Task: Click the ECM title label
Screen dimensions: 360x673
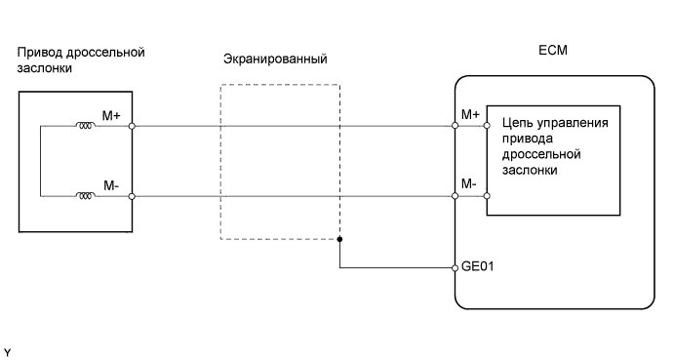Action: click(x=551, y=51)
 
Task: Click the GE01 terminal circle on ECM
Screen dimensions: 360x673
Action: click(x=455, y=266)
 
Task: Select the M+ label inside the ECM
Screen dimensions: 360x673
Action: click(x=470, y=115)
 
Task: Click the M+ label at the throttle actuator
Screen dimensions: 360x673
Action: click(x=112, y=115)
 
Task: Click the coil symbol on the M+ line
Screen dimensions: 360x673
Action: click(x=85, y=125)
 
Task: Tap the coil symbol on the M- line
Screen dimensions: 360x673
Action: click(x=85, y=196)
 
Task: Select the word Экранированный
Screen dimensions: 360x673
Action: click(x=275, y=60)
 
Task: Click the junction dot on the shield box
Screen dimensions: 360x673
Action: click(x=339, y=238)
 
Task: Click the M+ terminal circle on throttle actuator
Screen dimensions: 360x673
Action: click(x=131, y=126)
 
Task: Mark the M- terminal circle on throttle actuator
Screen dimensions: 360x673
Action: click(x=131, y=196)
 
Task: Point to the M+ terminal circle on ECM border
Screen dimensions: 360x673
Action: click(x=455, y=126)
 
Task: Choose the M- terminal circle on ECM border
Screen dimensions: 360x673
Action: click(x=455, y=196)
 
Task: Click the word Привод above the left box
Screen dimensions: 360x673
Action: click(x=38, y=52)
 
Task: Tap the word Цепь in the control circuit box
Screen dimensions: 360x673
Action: click(x=516, y=123)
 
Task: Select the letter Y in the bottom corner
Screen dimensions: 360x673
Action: click(x=8, y=349)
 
